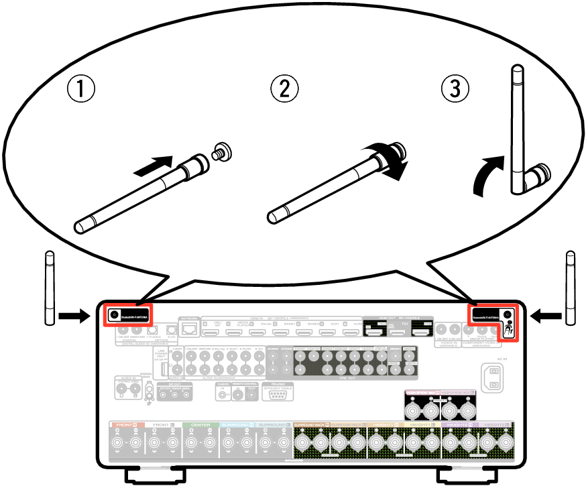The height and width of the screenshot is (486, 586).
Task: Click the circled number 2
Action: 284,88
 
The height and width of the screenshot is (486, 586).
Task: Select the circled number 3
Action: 455,88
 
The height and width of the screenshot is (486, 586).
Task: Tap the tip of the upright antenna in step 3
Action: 517,70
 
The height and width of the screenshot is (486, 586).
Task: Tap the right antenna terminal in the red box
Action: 508,314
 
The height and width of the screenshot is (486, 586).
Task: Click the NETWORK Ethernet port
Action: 190,328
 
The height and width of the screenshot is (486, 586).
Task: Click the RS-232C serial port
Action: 275,394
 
